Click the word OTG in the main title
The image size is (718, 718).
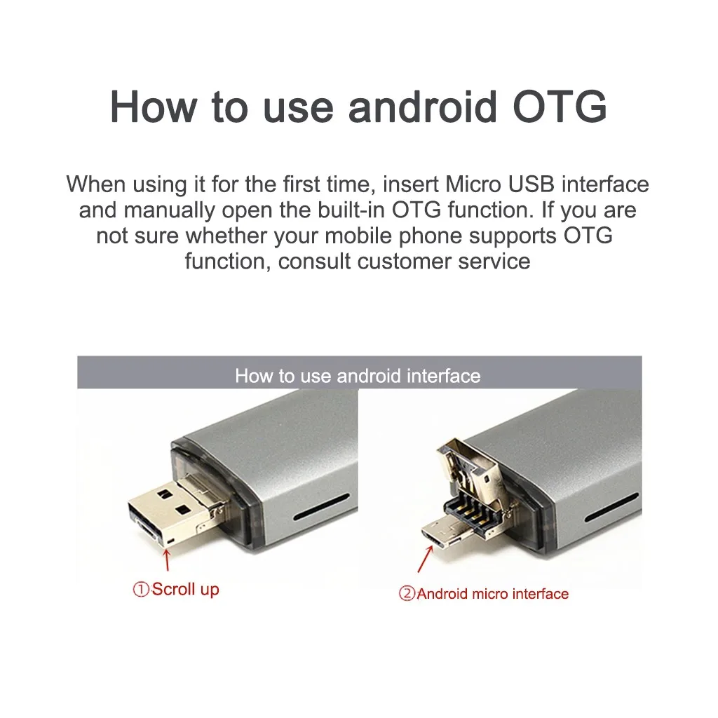560,107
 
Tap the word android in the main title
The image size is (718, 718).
422,107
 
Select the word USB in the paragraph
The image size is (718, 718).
531,184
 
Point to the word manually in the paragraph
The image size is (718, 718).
169,210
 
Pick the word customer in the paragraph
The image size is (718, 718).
404,262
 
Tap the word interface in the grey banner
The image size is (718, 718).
444,376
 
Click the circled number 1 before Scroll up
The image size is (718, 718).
141,589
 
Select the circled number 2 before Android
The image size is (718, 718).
407,594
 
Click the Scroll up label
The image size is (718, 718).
185,590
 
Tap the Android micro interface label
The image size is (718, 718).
493,594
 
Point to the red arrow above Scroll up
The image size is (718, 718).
167,560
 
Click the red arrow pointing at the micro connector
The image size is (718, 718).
426,560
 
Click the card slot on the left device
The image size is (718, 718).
321,507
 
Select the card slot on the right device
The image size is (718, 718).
611,507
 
